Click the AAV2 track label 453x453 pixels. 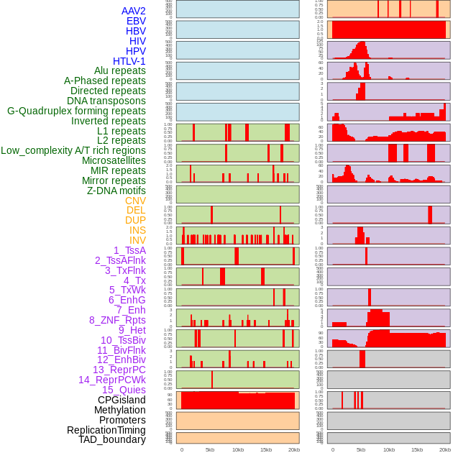(133, 11)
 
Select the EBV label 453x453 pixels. (135, 21)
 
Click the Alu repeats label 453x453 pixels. (119, 70)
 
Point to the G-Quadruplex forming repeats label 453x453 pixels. (76, 111)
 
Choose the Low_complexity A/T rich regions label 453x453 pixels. (73, 150)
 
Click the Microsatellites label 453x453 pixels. (114, 160)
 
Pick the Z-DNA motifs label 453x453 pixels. (116, 191)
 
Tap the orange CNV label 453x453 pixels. (135, 201)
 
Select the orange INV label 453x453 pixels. (137, 240)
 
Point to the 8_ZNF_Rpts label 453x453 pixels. (117, 320)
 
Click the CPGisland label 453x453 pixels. (122, 400)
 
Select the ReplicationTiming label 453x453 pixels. (106, 430)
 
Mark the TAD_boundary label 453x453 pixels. (111, 439)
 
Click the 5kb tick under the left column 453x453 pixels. (210, 449)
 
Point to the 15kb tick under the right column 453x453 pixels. (417, 449)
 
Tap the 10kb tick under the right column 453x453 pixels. (389, 449)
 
